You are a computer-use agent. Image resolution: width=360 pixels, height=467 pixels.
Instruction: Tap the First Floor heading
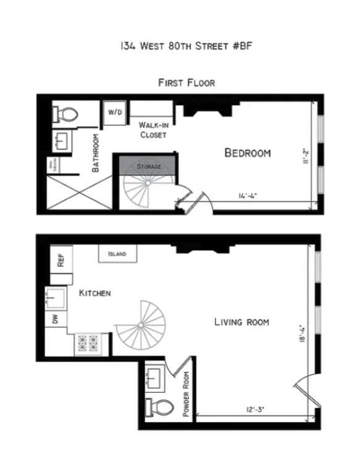[186, 82]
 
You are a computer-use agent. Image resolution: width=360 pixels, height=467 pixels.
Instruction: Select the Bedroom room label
[247, 153]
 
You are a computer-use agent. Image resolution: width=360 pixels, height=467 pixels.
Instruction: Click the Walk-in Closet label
[153, 129]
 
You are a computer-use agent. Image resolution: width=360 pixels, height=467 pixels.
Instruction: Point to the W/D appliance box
[115, 112]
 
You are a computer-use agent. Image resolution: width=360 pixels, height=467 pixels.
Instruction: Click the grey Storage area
[148, 166]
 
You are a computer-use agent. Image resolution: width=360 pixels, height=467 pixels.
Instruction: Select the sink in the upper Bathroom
[62, 141]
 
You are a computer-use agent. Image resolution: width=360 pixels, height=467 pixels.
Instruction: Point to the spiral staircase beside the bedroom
[144, 192]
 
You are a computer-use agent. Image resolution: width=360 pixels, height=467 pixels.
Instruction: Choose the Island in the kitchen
[117, 254]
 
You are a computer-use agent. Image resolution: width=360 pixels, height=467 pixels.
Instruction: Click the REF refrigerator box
[61, 260]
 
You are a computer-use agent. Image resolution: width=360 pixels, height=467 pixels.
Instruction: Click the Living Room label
[241, 322]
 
